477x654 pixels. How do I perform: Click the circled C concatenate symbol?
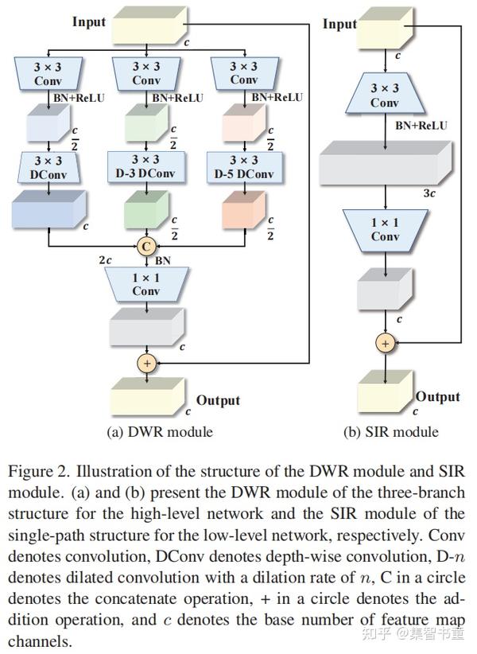(145, 247)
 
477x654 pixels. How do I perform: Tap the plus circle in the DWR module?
(145, 364)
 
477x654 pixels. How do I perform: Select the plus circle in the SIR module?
(385, 343)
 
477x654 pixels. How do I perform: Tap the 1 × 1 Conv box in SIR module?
(385, 229)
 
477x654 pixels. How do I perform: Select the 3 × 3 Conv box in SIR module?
(385, 96)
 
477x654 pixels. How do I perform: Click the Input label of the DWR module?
(89, 21)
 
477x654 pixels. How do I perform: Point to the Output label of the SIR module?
(437, 396)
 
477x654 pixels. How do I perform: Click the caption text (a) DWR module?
(160, 432)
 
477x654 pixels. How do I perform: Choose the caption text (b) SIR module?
(390, 432)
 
